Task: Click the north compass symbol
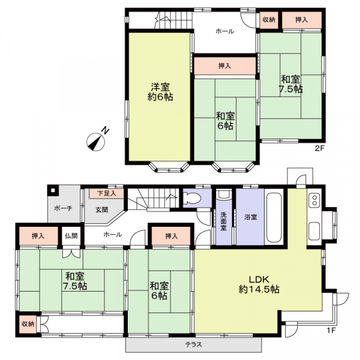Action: pyautogui.click(x=96, y=142)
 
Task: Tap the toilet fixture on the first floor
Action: pyautogui.click(x=192, y=199)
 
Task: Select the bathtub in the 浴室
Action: pyautogui.click(x=274, y=217)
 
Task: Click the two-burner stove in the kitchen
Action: pyautogui.click(x=314, y=200)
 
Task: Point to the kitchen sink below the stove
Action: pyautogui.click(x=314, y=231)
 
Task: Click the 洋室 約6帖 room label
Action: pyautogui.click(x=160, y=92)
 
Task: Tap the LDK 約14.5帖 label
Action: pyautogui.click(x=259, y=284)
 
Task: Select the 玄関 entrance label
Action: pyautogui.click(x=102, y=209)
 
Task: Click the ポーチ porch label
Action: pyautogui.click(x=63, y=208)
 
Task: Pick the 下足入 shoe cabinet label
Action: pyautogui.click(x=107, y=193)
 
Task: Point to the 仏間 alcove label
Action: pyautogui.click(x=71, y=236)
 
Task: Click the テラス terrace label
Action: pyautogui.click(x=194, y=344)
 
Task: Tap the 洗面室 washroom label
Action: pyautogui.click(x=223, y=221)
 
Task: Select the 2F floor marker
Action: pyautogui.click(x=319, y=148)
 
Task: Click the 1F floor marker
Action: pyautogui.click(x=331, y=331)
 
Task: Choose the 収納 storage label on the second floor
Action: pyautogui.click(x=269, y=20)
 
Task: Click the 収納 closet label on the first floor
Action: pyautogui.click(x=28, y=324)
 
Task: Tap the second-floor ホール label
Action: pyautogui.click(x=225, y=31)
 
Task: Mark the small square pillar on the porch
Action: pyautogui.click(x=53, y=190)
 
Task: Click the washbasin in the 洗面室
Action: pyautogui.click(x=224, y=194)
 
